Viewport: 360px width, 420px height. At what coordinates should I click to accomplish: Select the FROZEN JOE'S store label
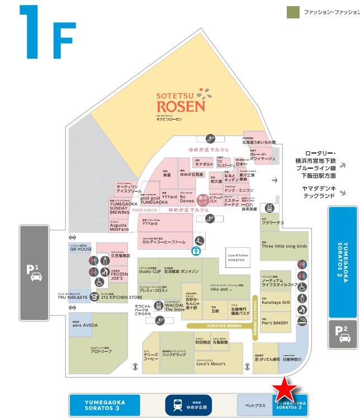click(x=119, y=275)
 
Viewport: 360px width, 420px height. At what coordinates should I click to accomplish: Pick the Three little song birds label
click(x=284, y=245)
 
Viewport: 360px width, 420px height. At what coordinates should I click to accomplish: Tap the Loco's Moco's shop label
click(x=211, y=364)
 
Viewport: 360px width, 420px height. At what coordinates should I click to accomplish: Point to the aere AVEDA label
click(x=81, y=324)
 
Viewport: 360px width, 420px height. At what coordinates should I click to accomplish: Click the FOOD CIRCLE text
click(x=147, y=210)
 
